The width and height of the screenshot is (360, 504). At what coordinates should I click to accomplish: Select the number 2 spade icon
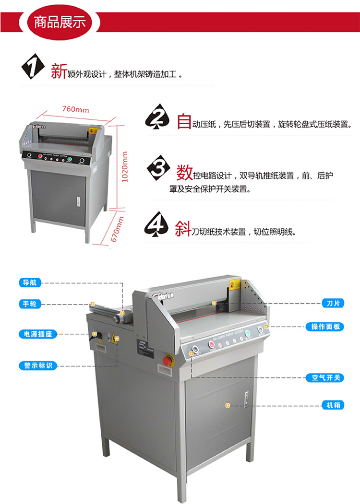[157, 118]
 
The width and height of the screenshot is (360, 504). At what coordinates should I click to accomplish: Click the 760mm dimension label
[75, 109]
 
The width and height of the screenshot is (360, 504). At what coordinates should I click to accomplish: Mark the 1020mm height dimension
[125, 167]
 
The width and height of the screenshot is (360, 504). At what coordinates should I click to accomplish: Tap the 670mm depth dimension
[117, 233]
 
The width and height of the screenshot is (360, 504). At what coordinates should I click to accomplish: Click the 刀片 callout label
[333, 304]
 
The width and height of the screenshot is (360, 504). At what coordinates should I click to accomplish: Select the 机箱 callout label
[333, 405]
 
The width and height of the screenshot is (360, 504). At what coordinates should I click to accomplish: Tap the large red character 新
[59, 72]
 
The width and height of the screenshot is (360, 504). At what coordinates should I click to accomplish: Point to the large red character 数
[184, 171]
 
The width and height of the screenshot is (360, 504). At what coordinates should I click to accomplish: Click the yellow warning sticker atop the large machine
[234, 286]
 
